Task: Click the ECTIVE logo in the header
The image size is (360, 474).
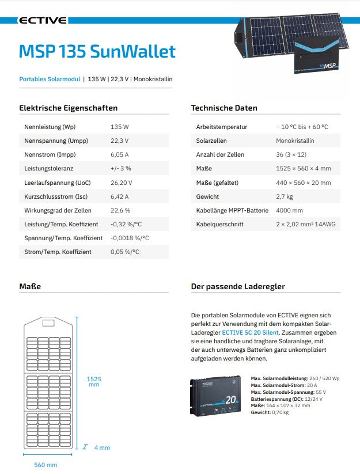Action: (x=43, y=21)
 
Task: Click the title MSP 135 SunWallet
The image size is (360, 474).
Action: (x=97, y=51)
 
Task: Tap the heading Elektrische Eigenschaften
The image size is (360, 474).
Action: (x=68, y=108)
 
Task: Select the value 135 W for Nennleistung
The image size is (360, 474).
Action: (x=119, y=127)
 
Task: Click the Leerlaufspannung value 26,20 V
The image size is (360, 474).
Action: (x=121, y=183)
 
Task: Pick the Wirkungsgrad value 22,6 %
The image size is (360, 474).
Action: (x=120, y=210)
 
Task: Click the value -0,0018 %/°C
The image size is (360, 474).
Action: (x=130, y=238)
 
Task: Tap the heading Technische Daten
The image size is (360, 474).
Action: (x=224, y=108)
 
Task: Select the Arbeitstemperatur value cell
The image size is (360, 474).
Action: (x=302, y=127)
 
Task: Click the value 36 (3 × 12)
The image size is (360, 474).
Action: (x=291, y=154)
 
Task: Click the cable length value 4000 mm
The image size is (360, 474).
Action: (x=289, y=210)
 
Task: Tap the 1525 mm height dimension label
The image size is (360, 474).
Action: (x=94, y=381)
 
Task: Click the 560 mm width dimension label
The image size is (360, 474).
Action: (x=46, y=465)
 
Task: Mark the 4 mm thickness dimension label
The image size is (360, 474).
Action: (x=102, y=448)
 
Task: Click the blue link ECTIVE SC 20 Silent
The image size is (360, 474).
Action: (x=250, y=332)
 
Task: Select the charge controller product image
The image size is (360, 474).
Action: (x=218, y=397)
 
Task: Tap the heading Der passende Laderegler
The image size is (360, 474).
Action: (x=238, y=286)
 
